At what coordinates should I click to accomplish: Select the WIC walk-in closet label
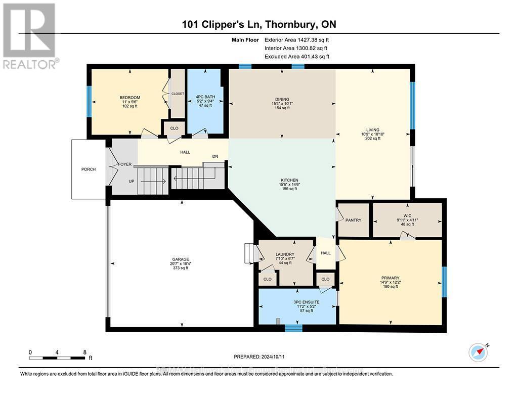click(x=408, y=215)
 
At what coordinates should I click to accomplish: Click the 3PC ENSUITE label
click(x=297, y=302)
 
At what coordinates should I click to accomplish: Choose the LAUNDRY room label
click(x=285, y=254)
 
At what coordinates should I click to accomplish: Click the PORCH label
click(x=88, y=169)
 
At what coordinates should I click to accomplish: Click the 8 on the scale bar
click(x=85, y=352)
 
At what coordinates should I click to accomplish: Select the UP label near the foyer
click(x=131, y=181)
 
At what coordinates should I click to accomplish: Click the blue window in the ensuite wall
click(x=293, y=328)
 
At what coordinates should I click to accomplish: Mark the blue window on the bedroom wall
click(x=89, y=103)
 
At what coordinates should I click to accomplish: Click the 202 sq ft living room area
click(x=373, y=139)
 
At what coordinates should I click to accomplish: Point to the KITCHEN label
click(x=290, y=180)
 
